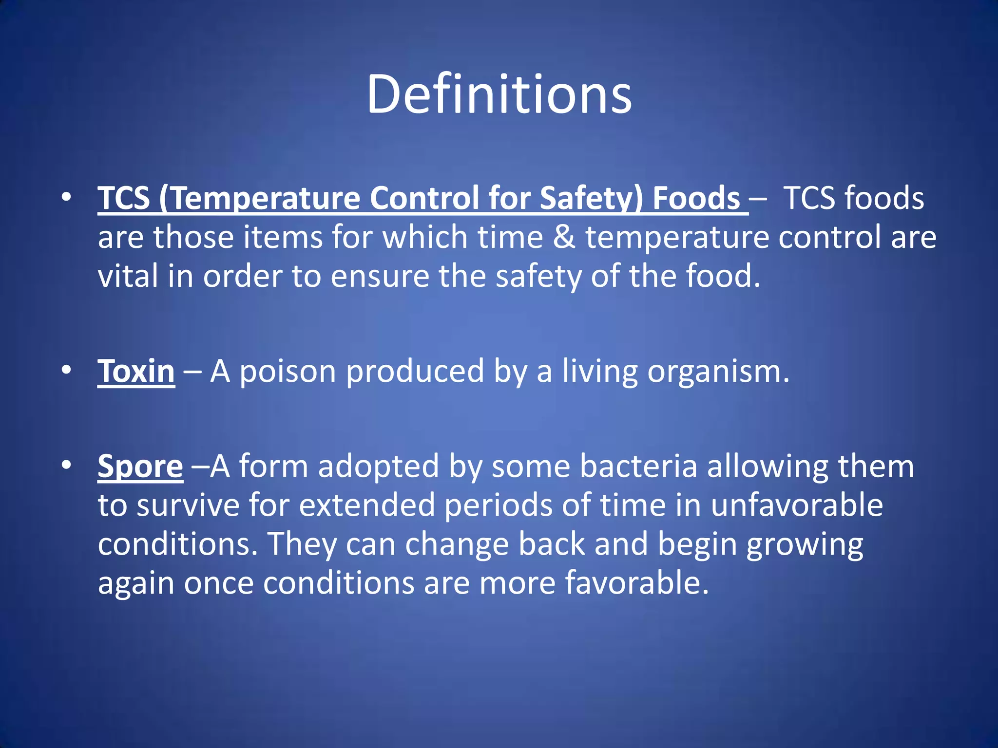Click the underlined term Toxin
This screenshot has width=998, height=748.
pyautogui.click(x=136, y=372)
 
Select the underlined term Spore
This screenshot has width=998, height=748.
pyautogui.click(x=140, y=467)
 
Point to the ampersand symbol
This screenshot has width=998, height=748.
pyautogui.click(x=564, y=238)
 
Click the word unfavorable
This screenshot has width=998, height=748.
pyautogui.click(x=797, y=505)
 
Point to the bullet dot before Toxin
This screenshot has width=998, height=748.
pyautogui.click(x=67, y=370)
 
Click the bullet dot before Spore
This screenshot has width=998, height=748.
pyautogui.click(x=67, y=465)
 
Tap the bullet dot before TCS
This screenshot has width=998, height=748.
pyautogui.click(x=67, y=197)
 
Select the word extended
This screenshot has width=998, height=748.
pyautogui.click(x=366, y=505)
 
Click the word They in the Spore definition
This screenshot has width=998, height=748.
pyautogui.click(x=302, y=544)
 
